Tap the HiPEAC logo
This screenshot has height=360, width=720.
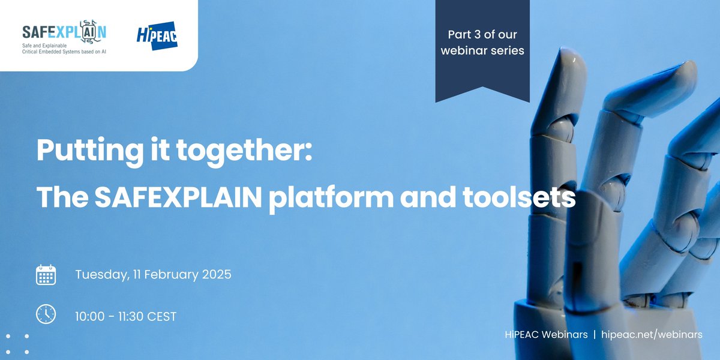click(157, 35)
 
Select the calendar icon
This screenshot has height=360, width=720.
click(46, 275)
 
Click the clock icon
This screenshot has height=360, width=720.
click(46, 314)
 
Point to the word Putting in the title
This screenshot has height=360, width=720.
click(81, 149)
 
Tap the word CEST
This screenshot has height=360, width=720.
click(161, 316)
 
